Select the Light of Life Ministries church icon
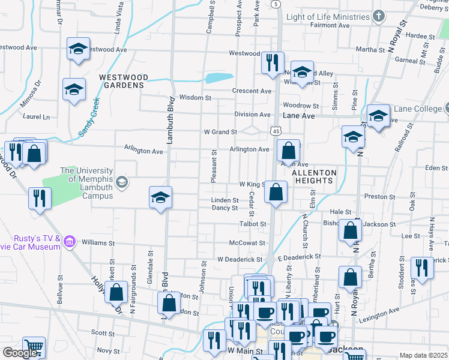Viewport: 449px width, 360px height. [378, 16]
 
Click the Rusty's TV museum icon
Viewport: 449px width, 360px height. [70, 242]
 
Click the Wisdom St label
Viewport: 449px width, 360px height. [196, 97]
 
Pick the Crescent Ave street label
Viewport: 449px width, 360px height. [252, 91]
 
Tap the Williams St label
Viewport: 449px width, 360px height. [98, 244]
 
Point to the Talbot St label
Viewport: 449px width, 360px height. [253, 224]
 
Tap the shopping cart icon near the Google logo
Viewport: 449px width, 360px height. [34, 347]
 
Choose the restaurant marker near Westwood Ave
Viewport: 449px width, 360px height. [273, 62]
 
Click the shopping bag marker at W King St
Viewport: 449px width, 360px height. [276, 193]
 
